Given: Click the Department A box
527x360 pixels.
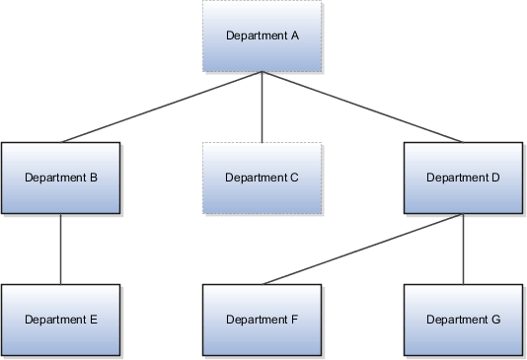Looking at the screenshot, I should pos(262,36).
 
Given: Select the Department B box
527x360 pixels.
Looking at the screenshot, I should pos(61,179).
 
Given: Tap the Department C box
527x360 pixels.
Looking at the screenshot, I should pos(262,179).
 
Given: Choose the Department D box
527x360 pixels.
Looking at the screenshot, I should pos(463,179).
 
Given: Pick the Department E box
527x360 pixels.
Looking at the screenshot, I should pos(61,320).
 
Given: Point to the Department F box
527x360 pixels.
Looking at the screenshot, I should pos(262,320).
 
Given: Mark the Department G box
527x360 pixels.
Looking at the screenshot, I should pos(463,320).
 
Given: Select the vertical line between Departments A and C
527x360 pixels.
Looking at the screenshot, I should pos(262,108).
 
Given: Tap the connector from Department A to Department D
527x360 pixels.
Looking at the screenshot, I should pos(362,108).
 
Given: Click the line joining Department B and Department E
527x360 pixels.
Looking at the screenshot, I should pos(61,250).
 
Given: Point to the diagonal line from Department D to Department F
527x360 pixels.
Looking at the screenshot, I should pos(363,250).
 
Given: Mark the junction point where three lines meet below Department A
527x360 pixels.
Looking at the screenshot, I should pos(262,73).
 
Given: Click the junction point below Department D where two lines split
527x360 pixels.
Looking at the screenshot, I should pos(464,215).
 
